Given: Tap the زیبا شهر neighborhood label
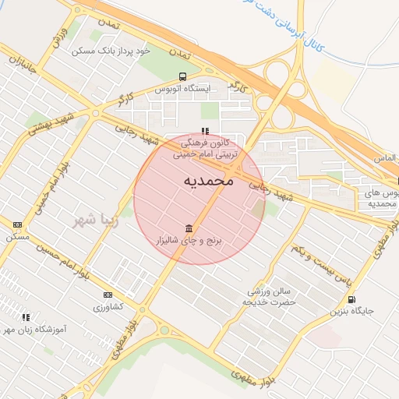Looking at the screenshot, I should [x=94, y=220].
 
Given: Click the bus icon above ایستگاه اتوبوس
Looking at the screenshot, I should [x=182, y=77].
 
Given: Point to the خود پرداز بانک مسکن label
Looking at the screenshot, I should [x=110, y=51].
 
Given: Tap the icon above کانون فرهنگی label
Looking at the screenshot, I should [x=205, y=131].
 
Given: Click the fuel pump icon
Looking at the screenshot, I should [x=351, y=299].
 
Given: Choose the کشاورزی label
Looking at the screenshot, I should [x=108, y=307].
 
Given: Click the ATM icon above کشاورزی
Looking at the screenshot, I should [x=108, y=295].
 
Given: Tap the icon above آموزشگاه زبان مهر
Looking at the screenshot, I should [x=26, y=317].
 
